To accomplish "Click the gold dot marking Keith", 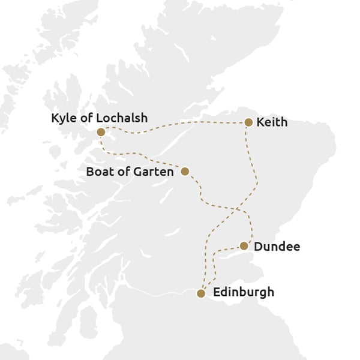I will [x=248, y=122].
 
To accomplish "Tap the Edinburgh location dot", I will [x=201, y=293].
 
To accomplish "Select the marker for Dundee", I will [x=244, y=246].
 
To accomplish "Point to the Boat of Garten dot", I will [x=185, y=172].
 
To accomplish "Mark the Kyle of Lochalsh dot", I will [x=101, y=132].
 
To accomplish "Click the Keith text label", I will [x=272, y=122].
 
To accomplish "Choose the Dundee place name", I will [x=277, y=246].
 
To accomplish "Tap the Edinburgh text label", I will [x=244, y=293].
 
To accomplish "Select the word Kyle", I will [x=63, y=118].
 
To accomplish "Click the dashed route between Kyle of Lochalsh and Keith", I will [x=180, y=124].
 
